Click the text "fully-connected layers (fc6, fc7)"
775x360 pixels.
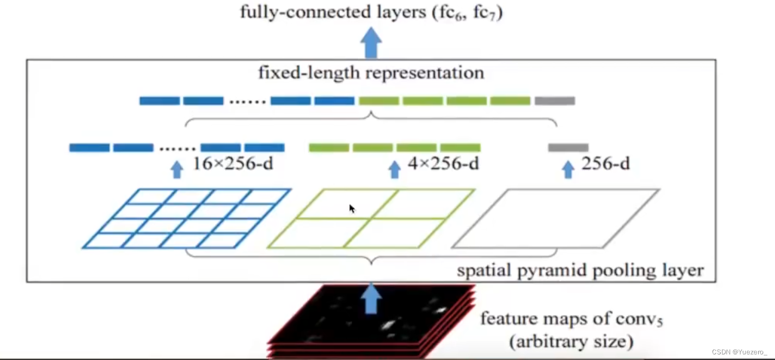tap(371, 12)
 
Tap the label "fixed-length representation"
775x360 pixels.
tap(371, 73)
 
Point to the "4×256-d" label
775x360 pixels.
tap(443, 164)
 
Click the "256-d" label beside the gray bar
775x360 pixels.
tap(605, 164)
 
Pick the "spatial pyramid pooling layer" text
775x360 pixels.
tap(580, 269)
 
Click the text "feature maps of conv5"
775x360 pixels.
tap(571, 320)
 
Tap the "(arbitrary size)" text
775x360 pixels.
tap(571, 341)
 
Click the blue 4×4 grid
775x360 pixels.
tap(187, 218)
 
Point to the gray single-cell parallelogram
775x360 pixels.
tap(556, 218)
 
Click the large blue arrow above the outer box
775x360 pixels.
tap(371, 43)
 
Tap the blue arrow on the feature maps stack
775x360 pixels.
tap(371, 299)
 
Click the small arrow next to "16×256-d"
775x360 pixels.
tap(176, 169)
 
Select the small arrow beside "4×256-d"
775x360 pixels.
tap(394, 169)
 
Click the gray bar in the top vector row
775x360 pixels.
tap(555, 101)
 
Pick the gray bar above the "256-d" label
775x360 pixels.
tap(568, 148)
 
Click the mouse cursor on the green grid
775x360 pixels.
tap(352, 208)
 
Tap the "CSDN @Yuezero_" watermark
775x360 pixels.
tap(739, 352)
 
